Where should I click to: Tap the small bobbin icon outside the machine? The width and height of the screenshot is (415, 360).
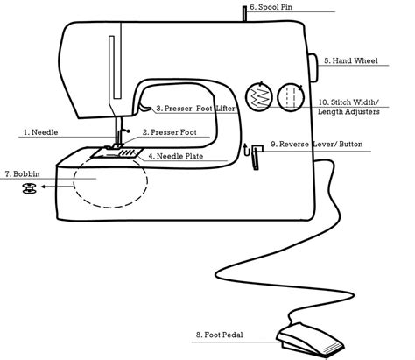click(28, 187)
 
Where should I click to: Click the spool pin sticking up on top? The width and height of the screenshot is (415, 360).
click(236, 13)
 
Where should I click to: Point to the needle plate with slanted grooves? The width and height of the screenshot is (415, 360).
click(123, 154)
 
